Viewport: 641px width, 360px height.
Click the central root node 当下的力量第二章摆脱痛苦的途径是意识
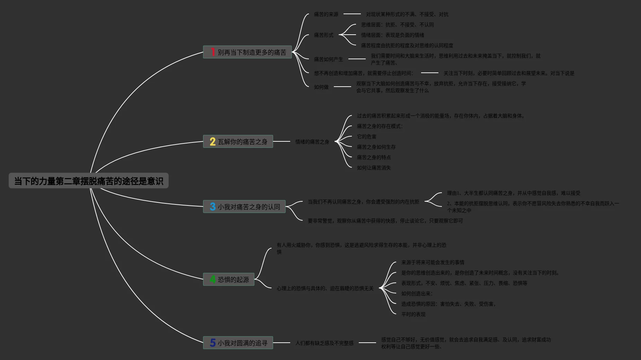89,181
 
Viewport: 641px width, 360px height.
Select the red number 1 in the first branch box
213,52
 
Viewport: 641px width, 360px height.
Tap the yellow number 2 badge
213,141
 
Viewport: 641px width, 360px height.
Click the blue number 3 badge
213,207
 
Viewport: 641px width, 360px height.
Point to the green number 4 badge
213,279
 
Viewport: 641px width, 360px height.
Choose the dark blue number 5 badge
213,343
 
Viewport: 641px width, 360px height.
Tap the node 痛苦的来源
326,14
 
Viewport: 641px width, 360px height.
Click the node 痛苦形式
323,35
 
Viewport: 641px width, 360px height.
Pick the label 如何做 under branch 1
321,87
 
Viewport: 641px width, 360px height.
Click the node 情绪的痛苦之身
312,142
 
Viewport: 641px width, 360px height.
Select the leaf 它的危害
366,137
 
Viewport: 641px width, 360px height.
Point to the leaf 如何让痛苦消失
374,168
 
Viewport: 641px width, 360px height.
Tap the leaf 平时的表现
413,314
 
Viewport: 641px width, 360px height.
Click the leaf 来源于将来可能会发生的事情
433,262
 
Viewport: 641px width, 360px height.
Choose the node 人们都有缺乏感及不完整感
324,343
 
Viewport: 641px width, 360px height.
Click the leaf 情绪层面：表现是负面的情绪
392,35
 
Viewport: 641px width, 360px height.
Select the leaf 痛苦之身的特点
374,157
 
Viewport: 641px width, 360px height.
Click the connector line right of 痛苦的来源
352,14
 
